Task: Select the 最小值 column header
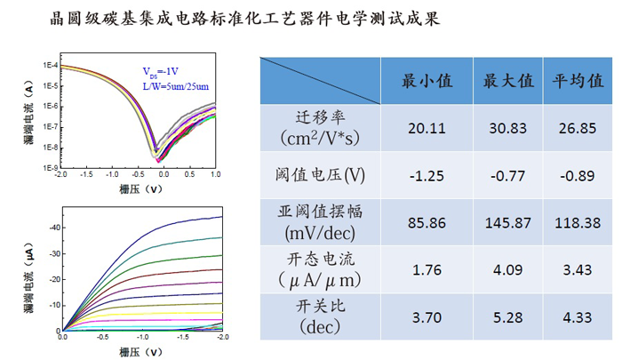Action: [x=427, y=80]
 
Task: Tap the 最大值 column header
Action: [x=508, y=80]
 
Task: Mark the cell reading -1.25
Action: [x=427, y=174]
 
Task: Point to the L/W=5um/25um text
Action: [x=174, y=86]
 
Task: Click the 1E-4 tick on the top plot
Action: [x=49, y=66]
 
